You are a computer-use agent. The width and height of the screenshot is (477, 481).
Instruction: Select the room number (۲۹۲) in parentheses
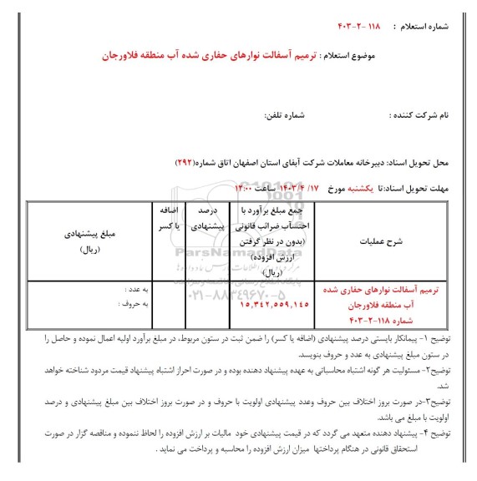[185, 159]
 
